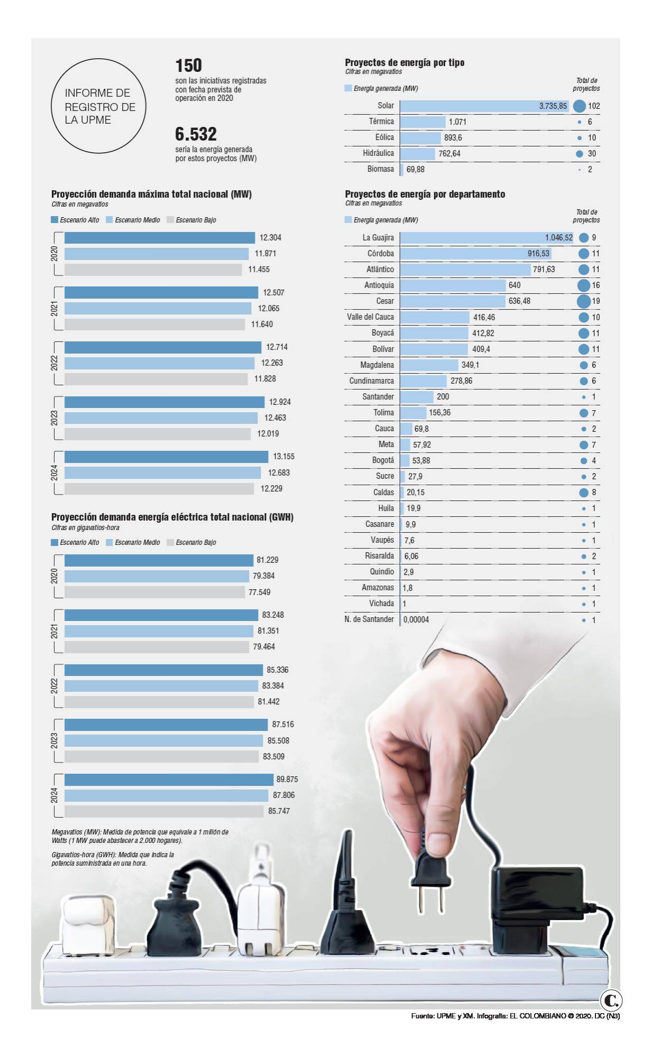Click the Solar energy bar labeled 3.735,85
(x=484, y=106)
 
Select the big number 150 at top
(x=188, y=66)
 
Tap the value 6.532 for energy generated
(x=196, y=134)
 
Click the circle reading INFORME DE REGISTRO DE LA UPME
(x=98, y=106)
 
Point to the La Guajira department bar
(x=487, y=238)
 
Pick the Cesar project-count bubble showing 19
(x=583, y=301)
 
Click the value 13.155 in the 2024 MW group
(x=283, y=457)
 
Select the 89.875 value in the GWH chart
(x=287, y=779)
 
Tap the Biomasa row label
(x=380, y=169)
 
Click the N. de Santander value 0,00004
(x=416, y=619)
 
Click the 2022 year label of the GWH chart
(x=54, y=686)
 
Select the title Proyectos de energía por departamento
(x=425, y=194)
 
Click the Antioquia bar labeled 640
(x=453, y=285)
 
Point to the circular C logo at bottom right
(x=611, y=1000)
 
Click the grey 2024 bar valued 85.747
(x=164, y=811)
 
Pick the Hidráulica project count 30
(x=591, y=153)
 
